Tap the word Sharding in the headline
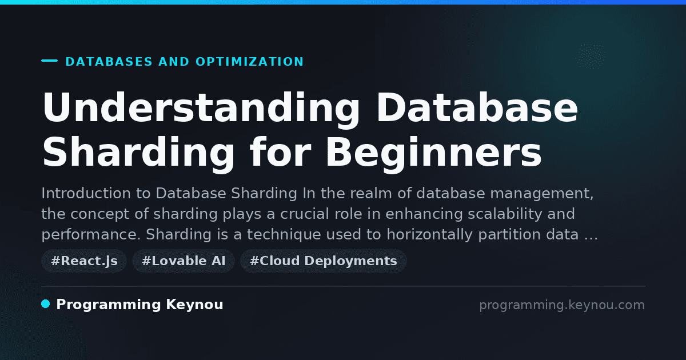138,154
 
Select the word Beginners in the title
434,154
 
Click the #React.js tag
84,261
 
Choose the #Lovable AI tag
184,261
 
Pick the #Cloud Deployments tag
324,261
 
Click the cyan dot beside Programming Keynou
46,304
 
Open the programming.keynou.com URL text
562,305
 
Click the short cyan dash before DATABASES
49,61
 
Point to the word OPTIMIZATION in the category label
250,62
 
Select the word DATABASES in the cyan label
109,62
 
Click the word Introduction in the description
86,194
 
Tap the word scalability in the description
505,214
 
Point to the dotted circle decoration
591,57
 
